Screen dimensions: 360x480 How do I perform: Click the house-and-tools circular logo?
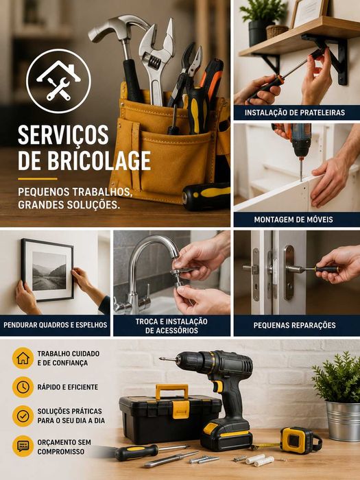point(58,81)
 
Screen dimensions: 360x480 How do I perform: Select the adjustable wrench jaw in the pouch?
point(157,43)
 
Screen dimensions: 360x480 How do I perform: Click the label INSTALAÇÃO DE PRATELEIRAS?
point(295,112)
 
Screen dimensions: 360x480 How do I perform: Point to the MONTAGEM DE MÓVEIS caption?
point(293,219)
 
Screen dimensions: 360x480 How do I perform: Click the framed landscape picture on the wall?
point(47,270)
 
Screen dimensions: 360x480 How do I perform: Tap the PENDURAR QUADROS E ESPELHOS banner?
point(55,325)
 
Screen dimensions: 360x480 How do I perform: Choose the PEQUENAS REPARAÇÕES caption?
point(294,325)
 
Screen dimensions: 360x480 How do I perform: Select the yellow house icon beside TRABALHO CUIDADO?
point(23,358)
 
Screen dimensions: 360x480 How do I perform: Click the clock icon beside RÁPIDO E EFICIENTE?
point(23,387)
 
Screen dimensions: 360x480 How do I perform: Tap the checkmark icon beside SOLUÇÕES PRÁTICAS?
point(23,416)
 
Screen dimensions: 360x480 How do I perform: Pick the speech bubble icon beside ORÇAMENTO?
point(23,446)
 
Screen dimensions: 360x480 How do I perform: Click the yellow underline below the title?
point(37,179)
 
